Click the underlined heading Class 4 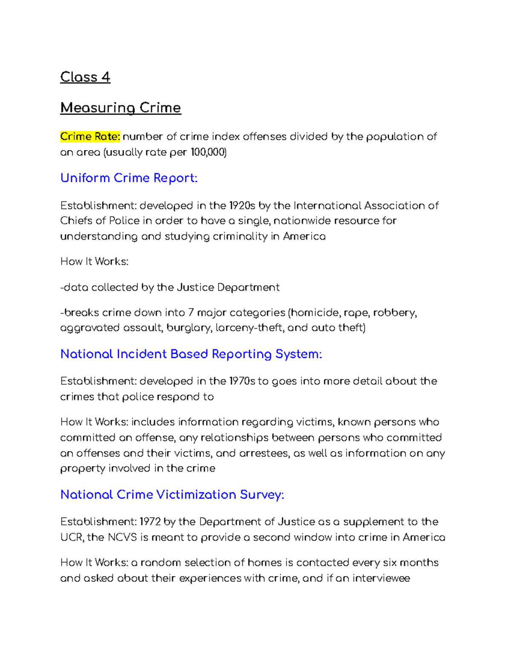[x=85, y=77]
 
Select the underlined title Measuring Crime [x=121, y=108]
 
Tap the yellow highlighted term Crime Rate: [x=90, y=137]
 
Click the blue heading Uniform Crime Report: [x=129, y=178]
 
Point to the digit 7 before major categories [x=191, y=313]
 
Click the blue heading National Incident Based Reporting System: [x=191, y=354]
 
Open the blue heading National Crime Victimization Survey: [x=172, y=495]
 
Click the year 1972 [x=150, y=522]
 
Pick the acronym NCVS [x=122, y=538]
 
